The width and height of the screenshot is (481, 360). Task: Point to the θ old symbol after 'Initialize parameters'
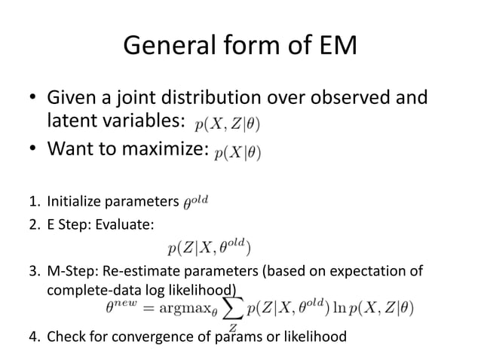coord(197,202)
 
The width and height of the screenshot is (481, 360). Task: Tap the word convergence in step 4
coord(167,337)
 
